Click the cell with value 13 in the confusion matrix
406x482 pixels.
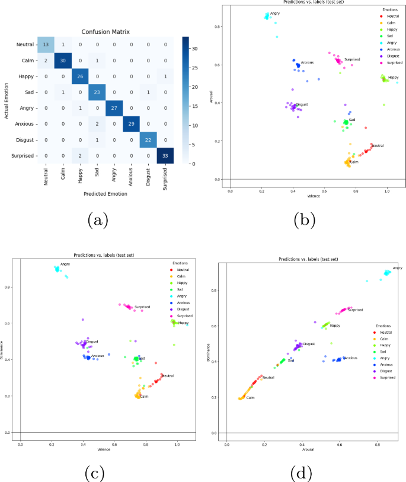(46, 44)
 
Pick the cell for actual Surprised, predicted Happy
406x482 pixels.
(80, 155)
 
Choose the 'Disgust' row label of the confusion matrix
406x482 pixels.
(24, 140)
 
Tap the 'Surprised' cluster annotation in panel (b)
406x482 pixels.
(352, 59)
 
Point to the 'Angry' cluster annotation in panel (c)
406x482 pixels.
(65, 264)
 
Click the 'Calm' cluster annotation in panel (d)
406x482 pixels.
(250, 398)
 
